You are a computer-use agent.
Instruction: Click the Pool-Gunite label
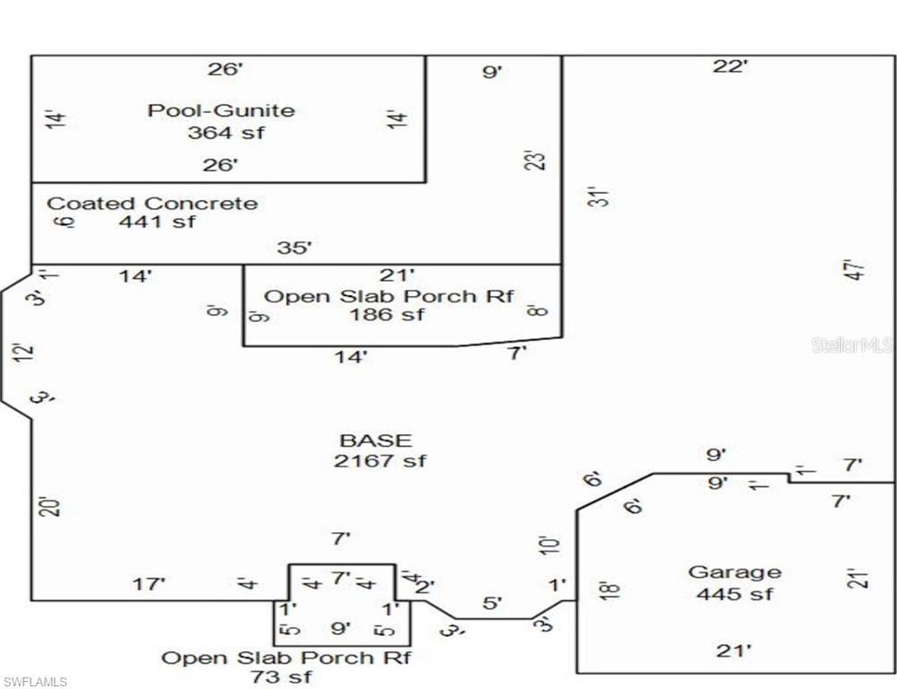pyautogui.click(x=222, y=109)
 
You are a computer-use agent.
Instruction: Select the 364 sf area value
pyautogui.click(x=226, y=133)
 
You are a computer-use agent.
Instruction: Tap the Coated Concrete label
pyautogui.click(x=152, y=203)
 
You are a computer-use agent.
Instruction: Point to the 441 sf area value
pyautogui.click(x=157, y=221)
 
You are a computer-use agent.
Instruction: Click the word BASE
pyautogui.click(x=376, y=440)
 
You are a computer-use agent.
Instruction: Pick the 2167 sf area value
pyautogui.click(x=380, y=460)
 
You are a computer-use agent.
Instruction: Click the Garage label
pyautogui.click(x=734, y=572)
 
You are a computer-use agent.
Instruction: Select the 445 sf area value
pyautogui.click(x=734, y=594)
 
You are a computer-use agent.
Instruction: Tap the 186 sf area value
pyautogui.click(x=387, y=315)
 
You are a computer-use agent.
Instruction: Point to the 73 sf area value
pyautogui.click(x=281, y=677)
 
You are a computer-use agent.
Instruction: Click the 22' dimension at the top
pyautogui.click(x=731, y=66)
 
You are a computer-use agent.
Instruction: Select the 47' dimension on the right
pyautogui.click(x=857, y=270)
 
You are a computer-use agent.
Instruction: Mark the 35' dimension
pyautogui.click(x=295, y=248)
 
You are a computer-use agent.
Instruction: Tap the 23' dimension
pyautogui.click(x=536, y=161)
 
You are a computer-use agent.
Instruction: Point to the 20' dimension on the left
pyautogui.click(x=50, y=507)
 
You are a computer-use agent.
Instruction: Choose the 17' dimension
pyautogui.click(x=149, y=584)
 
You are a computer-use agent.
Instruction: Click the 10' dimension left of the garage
pyautogui.click(x=549, y=545)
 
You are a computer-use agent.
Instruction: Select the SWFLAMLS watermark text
pyautogui.click(x=35, y=682)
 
